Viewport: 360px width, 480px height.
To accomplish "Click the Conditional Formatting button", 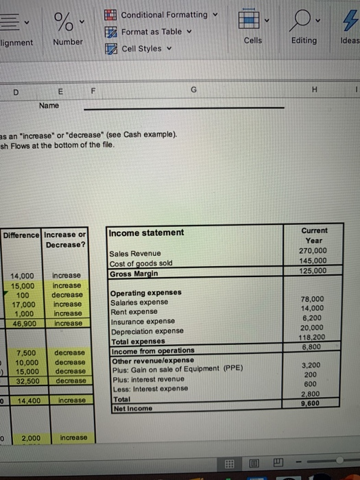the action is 163,14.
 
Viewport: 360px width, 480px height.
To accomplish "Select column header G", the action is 194,90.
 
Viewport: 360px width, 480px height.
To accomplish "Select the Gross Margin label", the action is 134,274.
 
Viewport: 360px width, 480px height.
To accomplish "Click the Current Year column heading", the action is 314,236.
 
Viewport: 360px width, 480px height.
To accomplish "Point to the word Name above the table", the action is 49,106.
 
